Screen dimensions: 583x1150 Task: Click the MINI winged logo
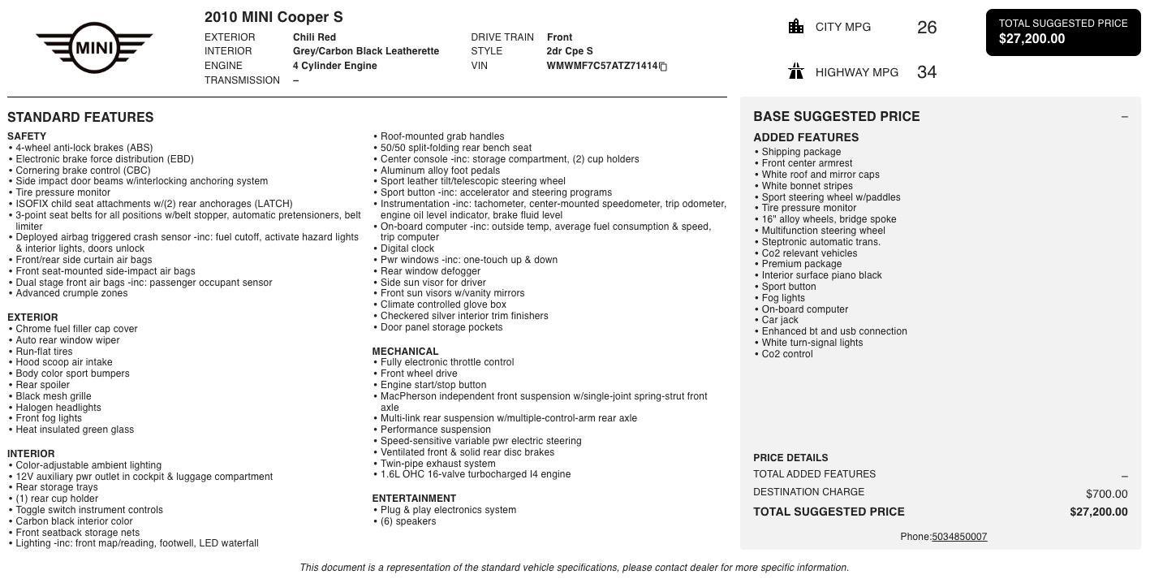click(x=94, y=48)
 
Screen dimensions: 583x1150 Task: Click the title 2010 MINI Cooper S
click(x=274, y=17)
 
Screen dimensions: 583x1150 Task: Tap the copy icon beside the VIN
click(x=663, y=67)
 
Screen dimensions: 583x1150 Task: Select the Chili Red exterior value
click(x=314, y=37)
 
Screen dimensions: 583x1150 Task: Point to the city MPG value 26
click(x=927, y=28)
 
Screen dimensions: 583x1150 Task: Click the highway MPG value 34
click(x=927, y=72)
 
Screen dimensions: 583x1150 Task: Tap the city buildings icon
click(x=796, y=27)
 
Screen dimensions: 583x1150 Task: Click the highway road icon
click(x=796, y=72)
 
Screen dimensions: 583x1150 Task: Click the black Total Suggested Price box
click(x=1062, y=32)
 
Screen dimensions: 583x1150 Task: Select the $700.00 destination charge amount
click(x=1106, y=494)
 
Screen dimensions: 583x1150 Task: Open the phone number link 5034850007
click(x=959, y=537)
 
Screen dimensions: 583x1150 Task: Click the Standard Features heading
click(x=80, y=117)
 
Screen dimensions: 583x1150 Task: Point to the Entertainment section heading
click(x=414, y=499)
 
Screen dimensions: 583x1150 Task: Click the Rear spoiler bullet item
click(x=43, y=385)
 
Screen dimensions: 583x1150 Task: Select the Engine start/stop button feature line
click(x=433, y=385)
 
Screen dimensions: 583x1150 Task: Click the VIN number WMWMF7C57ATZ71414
click(x=601, y=66)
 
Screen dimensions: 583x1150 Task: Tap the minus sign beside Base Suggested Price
click(x=1124, y=117)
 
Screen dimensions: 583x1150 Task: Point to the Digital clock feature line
click(x=407, y=248)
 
